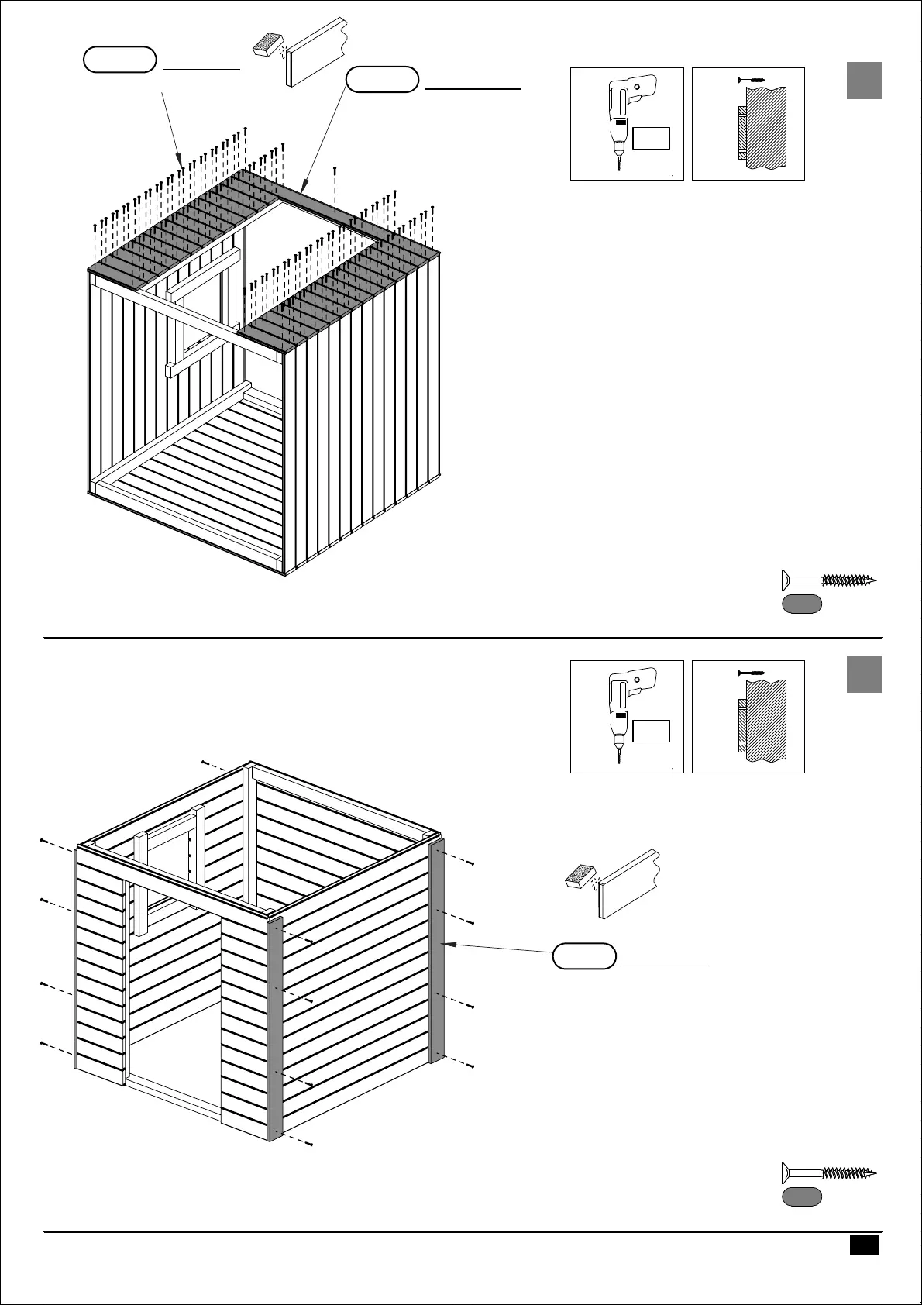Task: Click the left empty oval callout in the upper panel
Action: point(119,60)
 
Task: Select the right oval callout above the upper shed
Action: point(382,80)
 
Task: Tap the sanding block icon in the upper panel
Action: point(268,44)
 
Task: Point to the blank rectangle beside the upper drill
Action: point(651,139)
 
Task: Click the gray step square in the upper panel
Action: point(863,81)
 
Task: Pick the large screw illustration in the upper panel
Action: point(828,580)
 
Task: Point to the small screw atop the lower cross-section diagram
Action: point(752,673)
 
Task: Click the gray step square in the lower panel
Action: point(863,673)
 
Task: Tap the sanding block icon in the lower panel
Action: point(580,876)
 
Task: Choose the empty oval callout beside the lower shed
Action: point(585,956)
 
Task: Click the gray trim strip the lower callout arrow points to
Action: point(436,953)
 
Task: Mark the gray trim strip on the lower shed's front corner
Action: point(275,1031)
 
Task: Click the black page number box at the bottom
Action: point(863,1245)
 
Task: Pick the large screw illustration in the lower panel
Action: point(828,1172)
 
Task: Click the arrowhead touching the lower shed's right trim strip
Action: point(448,944)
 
